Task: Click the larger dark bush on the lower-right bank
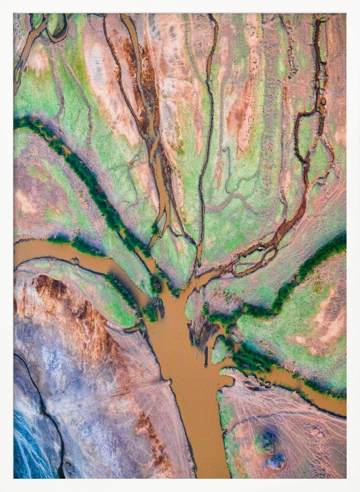[266, 439]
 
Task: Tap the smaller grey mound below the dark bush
[275, 461]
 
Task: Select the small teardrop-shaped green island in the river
[220, 350]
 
